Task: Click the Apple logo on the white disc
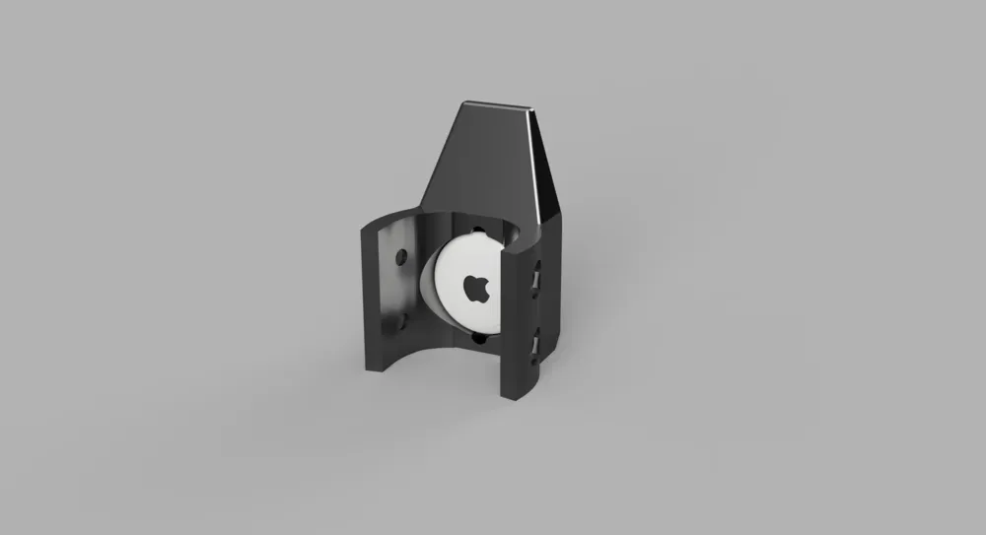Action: point(476,289)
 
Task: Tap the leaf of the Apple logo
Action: point(479,278)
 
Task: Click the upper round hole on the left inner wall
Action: point(399,259)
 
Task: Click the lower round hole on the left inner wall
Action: point(402,320)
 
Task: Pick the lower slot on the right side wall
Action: point(535,345)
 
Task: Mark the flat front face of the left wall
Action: point(368,296)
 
